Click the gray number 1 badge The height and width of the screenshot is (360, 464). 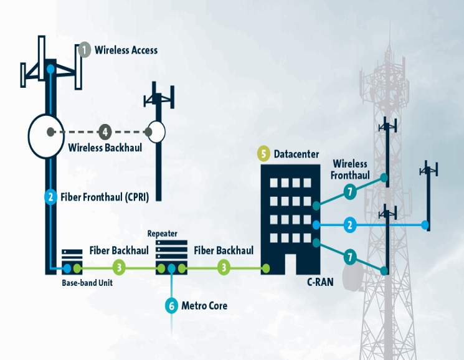[84, 50]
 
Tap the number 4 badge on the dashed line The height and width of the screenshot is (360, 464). [105, 131]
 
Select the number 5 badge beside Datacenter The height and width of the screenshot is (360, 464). [263, 153]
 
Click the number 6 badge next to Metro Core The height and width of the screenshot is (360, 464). [171, 306]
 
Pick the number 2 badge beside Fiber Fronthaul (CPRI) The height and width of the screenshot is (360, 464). [50, 197]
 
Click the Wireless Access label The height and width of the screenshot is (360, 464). [126, 50]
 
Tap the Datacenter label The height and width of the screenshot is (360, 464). [296, 154]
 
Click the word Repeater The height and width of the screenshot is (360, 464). [162, 234]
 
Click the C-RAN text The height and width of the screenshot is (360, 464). [320, 282]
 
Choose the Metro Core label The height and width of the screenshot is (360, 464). [204, 306]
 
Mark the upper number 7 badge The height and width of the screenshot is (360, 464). [351, 192]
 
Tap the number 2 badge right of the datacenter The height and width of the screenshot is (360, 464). [351, 224]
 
